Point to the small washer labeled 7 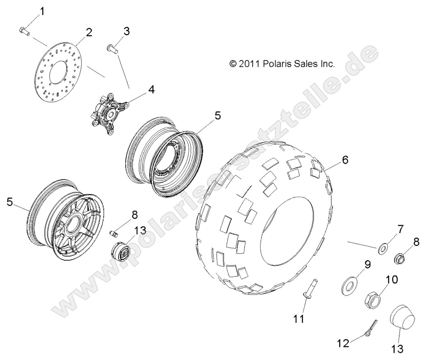[383, 249]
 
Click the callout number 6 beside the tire [345, 160]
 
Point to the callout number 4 [140, 90]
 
